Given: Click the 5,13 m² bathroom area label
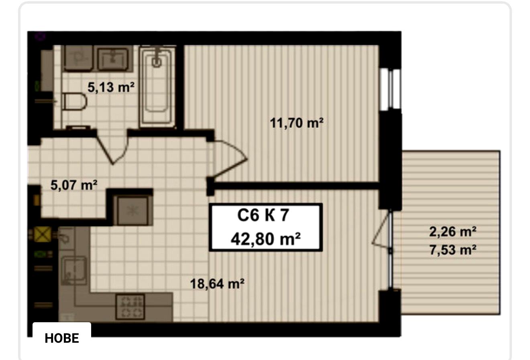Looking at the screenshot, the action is pos(111,87).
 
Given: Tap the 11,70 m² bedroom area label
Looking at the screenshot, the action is pos(297,123).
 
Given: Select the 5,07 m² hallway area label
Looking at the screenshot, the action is pos(74,185).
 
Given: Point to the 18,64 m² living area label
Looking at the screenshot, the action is pos(217,284).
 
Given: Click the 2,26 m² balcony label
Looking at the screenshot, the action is pos(453,231).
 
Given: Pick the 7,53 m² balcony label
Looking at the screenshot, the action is pos(453,250).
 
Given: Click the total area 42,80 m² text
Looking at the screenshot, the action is pos(266,239).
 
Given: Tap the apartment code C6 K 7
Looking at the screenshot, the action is pos(263,215).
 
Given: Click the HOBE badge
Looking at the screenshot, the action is pos(62,338).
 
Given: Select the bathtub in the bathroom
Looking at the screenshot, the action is pos(157,86).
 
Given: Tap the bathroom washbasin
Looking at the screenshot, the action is pos(113,59).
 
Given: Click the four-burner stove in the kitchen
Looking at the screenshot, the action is pos(130,307).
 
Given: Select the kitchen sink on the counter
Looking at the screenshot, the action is pos(74,271).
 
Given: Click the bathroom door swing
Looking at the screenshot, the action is pos(113,147).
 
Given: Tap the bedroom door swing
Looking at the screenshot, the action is pos(230,159).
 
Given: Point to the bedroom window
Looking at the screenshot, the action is pos(390,90).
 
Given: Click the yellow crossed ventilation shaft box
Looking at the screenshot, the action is pos(43,234).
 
